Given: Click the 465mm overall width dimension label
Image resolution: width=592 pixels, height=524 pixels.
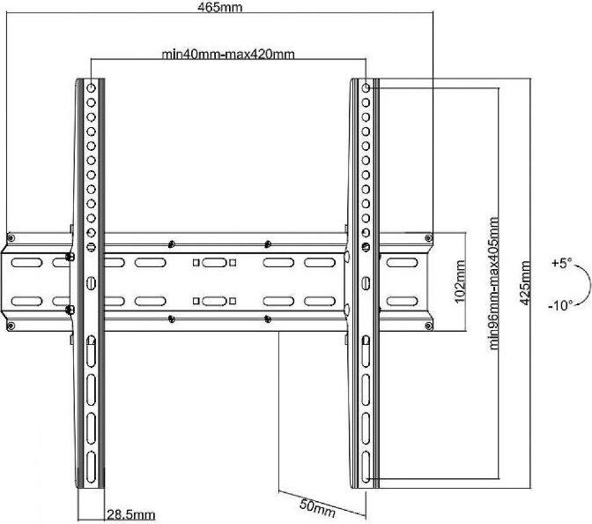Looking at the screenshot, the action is (x=219, y=7).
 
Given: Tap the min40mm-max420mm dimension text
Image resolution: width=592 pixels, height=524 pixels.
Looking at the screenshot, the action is (x=228, y=55).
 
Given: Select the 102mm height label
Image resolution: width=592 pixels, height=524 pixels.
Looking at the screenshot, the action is (x=460, y=281).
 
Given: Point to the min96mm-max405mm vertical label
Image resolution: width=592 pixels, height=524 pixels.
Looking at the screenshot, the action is (x=494, y=283).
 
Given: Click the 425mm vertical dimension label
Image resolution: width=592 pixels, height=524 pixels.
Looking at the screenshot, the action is (x=525, y=283).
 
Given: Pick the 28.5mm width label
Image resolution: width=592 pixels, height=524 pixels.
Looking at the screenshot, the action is (x=131, y=515).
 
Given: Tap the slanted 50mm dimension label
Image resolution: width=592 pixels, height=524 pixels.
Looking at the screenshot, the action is (x=317, y=508).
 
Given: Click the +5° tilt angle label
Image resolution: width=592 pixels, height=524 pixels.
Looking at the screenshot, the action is (x=562, y=263).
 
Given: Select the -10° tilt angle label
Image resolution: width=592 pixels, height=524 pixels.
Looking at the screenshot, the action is (x=560, y=304).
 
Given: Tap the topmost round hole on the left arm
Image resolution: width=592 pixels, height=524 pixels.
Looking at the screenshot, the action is (x=91, y=88).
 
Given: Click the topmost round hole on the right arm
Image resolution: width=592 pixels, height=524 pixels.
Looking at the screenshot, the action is (x=366, y=88).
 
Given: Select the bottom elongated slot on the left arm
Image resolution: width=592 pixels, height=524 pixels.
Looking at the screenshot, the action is (x=91, y=467).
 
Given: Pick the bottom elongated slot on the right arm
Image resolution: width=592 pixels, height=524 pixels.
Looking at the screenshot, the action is (x=366, y=467).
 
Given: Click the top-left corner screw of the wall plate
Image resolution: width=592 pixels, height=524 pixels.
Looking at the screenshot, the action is (x=11, y=238).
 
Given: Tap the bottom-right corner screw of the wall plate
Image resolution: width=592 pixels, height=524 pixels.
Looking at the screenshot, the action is (x=428, y=326).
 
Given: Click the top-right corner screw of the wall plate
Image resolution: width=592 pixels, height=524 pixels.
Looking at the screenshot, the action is (x=428, y=238).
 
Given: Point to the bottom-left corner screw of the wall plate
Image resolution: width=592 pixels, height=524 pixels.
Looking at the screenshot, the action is (x=11, y=326).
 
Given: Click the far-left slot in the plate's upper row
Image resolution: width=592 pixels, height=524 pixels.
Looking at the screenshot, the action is (x=26, y=262).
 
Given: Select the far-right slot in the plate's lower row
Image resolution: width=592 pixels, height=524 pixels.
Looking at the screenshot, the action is (x=402, y=302).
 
